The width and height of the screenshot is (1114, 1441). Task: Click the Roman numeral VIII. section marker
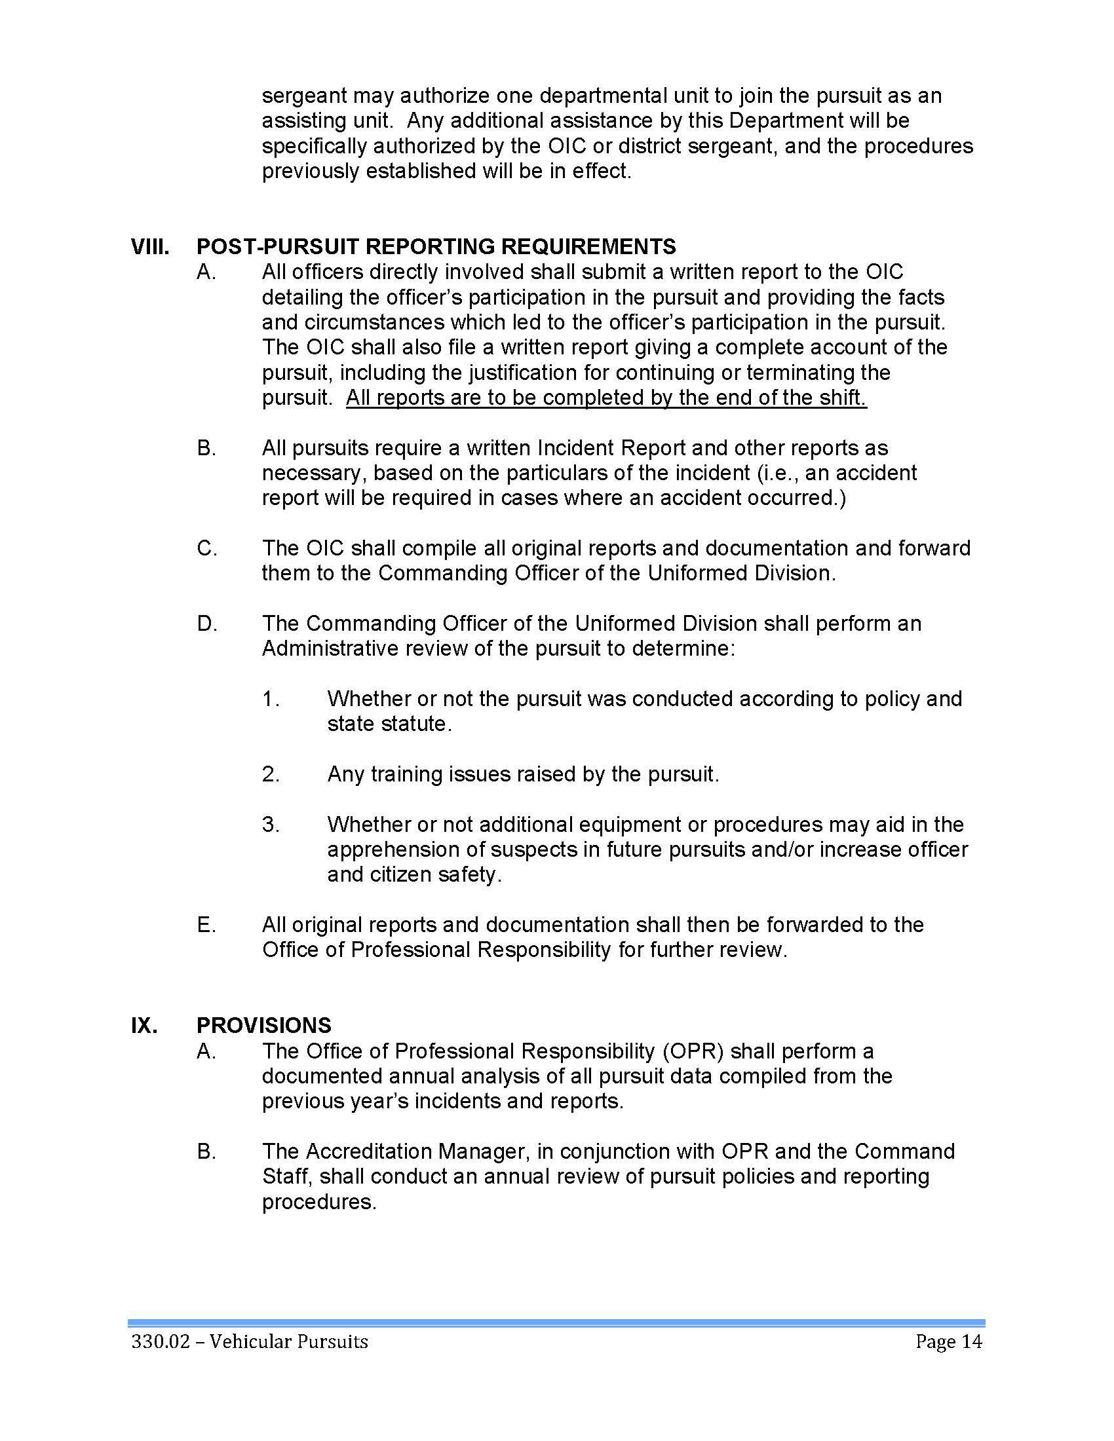[x=150, y=247]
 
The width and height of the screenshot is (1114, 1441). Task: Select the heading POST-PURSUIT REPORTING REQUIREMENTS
[x=436, y=247]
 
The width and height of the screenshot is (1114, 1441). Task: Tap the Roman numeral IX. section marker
[x=145, y=1025]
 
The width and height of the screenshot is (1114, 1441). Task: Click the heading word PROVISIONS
[x=263, y=1025]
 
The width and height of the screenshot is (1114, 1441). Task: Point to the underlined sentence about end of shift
[x=606, y=398]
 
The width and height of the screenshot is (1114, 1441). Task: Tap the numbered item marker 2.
[x=271, y=774]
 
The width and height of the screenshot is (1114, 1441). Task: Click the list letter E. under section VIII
[x=206, y=925]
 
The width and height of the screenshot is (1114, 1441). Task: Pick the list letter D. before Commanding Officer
[x=206, y=624]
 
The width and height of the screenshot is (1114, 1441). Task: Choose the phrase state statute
[x=389, y=724]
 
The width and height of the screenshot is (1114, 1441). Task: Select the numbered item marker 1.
[x=271, y=699]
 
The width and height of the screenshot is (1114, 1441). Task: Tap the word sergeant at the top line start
[x=303, y=96]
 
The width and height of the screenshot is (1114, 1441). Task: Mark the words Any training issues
[x=419, y=774]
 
